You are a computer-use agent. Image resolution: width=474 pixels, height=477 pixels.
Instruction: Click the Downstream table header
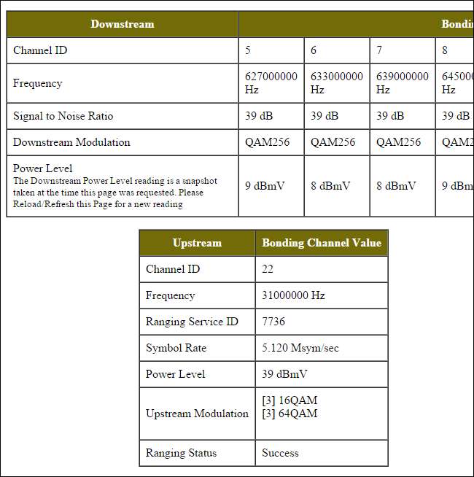(123, 24)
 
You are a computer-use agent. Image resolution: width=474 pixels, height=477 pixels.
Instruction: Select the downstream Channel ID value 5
(249, 50)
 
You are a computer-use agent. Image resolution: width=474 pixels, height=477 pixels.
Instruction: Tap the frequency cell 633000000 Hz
(336, 83)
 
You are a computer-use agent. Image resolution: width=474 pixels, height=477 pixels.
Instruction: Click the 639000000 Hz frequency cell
(402, 83)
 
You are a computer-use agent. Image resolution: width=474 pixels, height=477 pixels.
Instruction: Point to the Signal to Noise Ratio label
(63, 116)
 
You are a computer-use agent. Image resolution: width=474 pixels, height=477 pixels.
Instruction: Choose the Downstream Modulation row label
(71, 142)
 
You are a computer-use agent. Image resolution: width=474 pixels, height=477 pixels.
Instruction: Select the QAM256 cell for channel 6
(333, 142)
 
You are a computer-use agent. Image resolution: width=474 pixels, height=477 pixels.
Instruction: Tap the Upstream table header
(197, 243)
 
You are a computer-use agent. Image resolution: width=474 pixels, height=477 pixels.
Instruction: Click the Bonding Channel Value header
(322, 243)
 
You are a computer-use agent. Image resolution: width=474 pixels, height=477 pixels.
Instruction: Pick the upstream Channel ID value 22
(268, 269)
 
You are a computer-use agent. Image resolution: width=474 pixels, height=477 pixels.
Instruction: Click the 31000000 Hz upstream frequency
(293, 295)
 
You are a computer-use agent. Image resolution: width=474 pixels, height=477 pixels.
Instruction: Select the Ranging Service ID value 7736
(273, 322)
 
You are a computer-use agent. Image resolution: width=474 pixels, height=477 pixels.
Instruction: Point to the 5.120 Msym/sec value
(300, 348)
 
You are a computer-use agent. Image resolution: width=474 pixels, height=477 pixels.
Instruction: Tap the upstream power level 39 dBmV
(284, 374)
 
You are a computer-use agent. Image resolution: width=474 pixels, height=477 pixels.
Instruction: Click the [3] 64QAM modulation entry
(290, 414)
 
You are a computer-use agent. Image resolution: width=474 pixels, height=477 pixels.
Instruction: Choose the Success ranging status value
(280, 453)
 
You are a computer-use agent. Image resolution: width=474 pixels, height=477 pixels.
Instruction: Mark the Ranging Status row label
(181, 453)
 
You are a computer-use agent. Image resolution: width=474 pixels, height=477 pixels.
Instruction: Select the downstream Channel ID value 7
(379, 50)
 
